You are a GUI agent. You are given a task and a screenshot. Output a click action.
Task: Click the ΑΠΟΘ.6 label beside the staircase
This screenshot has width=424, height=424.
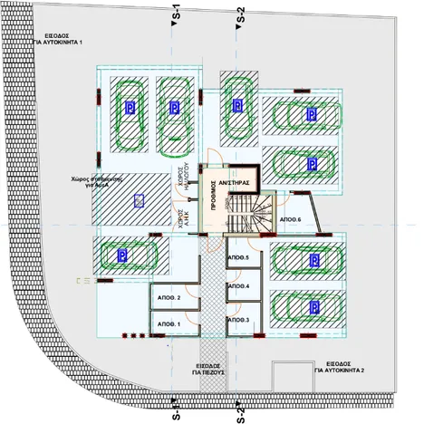tap(290, 221)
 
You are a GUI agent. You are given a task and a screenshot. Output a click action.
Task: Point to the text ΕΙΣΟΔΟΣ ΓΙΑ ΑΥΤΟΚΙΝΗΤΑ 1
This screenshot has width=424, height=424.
tap(57, 39)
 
